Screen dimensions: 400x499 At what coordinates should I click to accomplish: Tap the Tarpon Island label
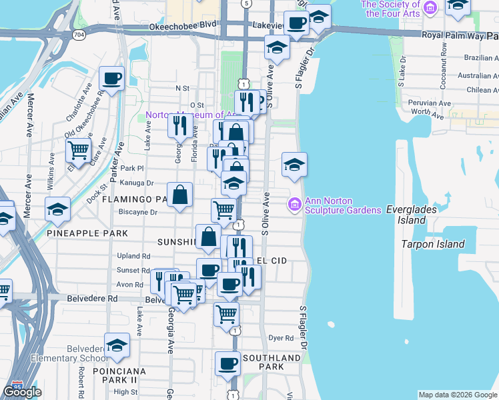pos(433,244)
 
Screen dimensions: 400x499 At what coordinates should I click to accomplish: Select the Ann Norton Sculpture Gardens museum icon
pos(294,203)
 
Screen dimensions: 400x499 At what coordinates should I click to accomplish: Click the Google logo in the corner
pos(22,392)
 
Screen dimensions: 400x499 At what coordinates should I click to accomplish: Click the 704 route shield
pos(79,35)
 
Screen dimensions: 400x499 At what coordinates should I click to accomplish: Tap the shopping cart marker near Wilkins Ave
pos(79,151)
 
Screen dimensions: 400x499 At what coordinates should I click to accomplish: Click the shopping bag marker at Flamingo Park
pos(179,195)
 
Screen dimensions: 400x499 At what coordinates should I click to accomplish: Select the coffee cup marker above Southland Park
pos(227,364)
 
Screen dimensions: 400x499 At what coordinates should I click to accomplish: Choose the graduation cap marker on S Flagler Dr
pos(294,165)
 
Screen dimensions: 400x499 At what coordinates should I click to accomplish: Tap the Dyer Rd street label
pos(281,338)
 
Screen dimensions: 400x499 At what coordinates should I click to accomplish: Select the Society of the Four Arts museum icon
pos(431,8)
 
